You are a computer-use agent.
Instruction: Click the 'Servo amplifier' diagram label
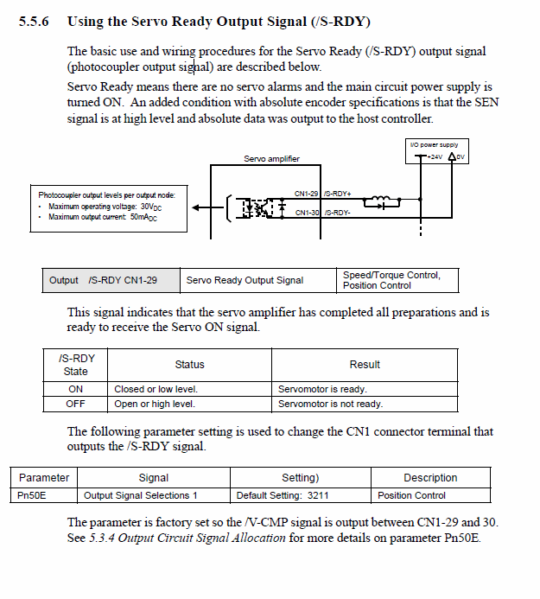coord(271,159)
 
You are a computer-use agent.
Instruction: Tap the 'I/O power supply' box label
coord(435,145)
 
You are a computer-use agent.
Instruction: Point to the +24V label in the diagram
coord(434,157)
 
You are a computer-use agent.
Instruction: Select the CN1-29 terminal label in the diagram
coord(307,194)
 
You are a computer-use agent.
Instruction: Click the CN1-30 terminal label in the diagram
coord(307,213)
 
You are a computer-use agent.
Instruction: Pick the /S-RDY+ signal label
coord(338,194)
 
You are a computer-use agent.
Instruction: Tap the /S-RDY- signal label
coord(338,213)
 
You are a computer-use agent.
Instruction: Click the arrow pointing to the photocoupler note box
coord(200,207)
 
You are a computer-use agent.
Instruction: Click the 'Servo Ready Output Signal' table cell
coord(245,280)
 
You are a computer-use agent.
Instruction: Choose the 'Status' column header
coord(189,365)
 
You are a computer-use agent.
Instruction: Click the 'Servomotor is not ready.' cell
coord(330,404)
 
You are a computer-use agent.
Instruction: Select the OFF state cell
coord(76,404)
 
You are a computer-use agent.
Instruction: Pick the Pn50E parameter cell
coord(32,495)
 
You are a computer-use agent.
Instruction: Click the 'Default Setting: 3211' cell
coord(283,495)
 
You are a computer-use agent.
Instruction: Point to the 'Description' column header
coord(430,478)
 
